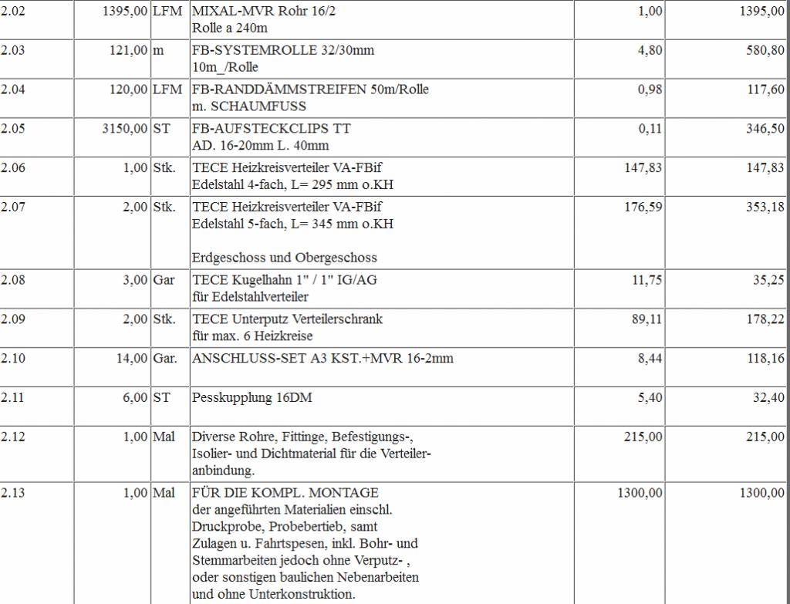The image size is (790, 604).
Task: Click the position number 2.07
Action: pos(13,207)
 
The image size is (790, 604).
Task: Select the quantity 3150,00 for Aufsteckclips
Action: pos(125,129)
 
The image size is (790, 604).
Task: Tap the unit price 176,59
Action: pos(643,207)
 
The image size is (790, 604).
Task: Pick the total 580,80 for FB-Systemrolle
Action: pos(765,50)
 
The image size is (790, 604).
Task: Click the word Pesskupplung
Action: pos(229,397)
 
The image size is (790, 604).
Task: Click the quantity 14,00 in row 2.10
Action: pos(132,358)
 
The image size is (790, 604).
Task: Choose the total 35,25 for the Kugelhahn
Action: pos(768,280)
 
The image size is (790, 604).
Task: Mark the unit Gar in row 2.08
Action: pos(164,280)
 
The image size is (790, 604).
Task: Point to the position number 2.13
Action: pos(13,493)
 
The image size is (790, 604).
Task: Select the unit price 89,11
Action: pos(647,319)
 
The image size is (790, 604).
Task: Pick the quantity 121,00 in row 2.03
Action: pos(128,50)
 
